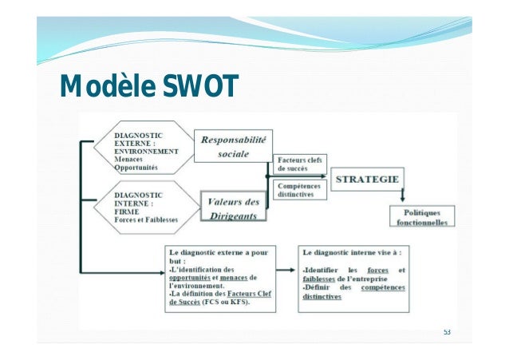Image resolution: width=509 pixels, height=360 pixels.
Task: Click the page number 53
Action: point(448,332)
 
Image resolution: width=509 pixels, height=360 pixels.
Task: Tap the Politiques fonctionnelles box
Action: point(423,216)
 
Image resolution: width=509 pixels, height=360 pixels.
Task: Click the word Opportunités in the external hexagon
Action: point(138,168)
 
